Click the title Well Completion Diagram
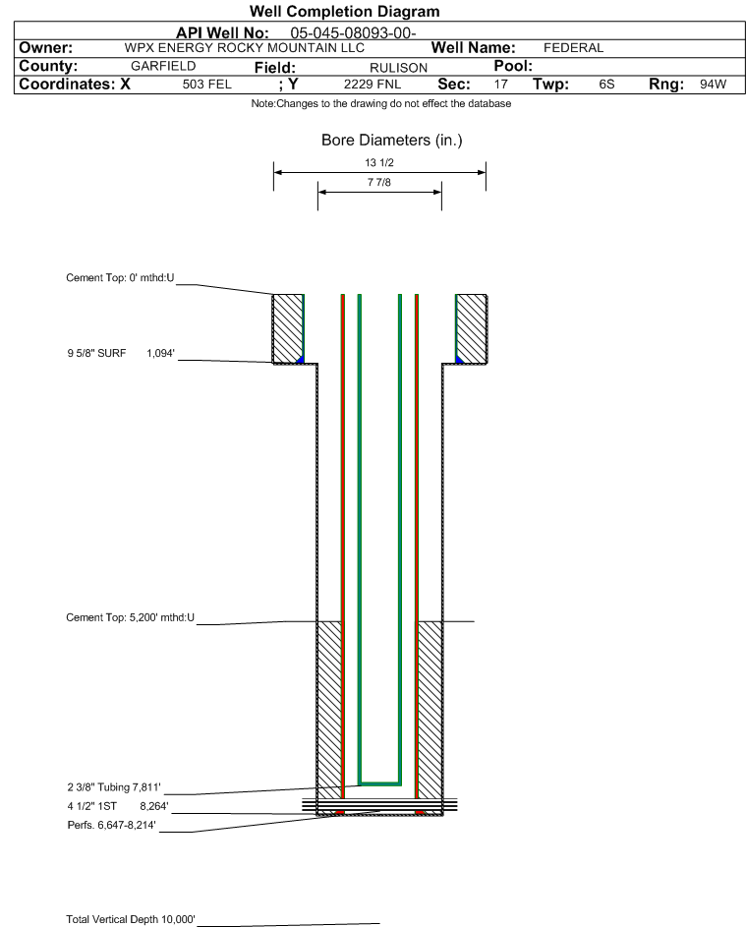pos(345,11)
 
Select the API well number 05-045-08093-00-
pos(353,33)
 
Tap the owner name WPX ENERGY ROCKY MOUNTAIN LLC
pos(244,48)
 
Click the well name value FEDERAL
pos(573,48)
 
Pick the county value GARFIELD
pos(163,66)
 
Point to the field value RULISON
pos(398,68)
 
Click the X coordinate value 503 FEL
pos(206,85)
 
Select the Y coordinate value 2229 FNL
pos(373,85)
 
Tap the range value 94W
pos(713,85)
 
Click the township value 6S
pos(606,85)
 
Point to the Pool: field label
pos(513,66)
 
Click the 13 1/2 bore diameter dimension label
pos(379,162)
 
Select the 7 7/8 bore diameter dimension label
pos(379,182)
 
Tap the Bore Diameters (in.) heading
pos(392,141)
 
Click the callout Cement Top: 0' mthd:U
pos(120,278)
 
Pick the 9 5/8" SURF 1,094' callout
pos(121,354)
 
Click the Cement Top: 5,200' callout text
pos(130,617)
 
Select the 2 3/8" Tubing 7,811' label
pos(114,787)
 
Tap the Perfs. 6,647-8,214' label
pos(112,826)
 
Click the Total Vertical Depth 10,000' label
pos(131,919)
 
